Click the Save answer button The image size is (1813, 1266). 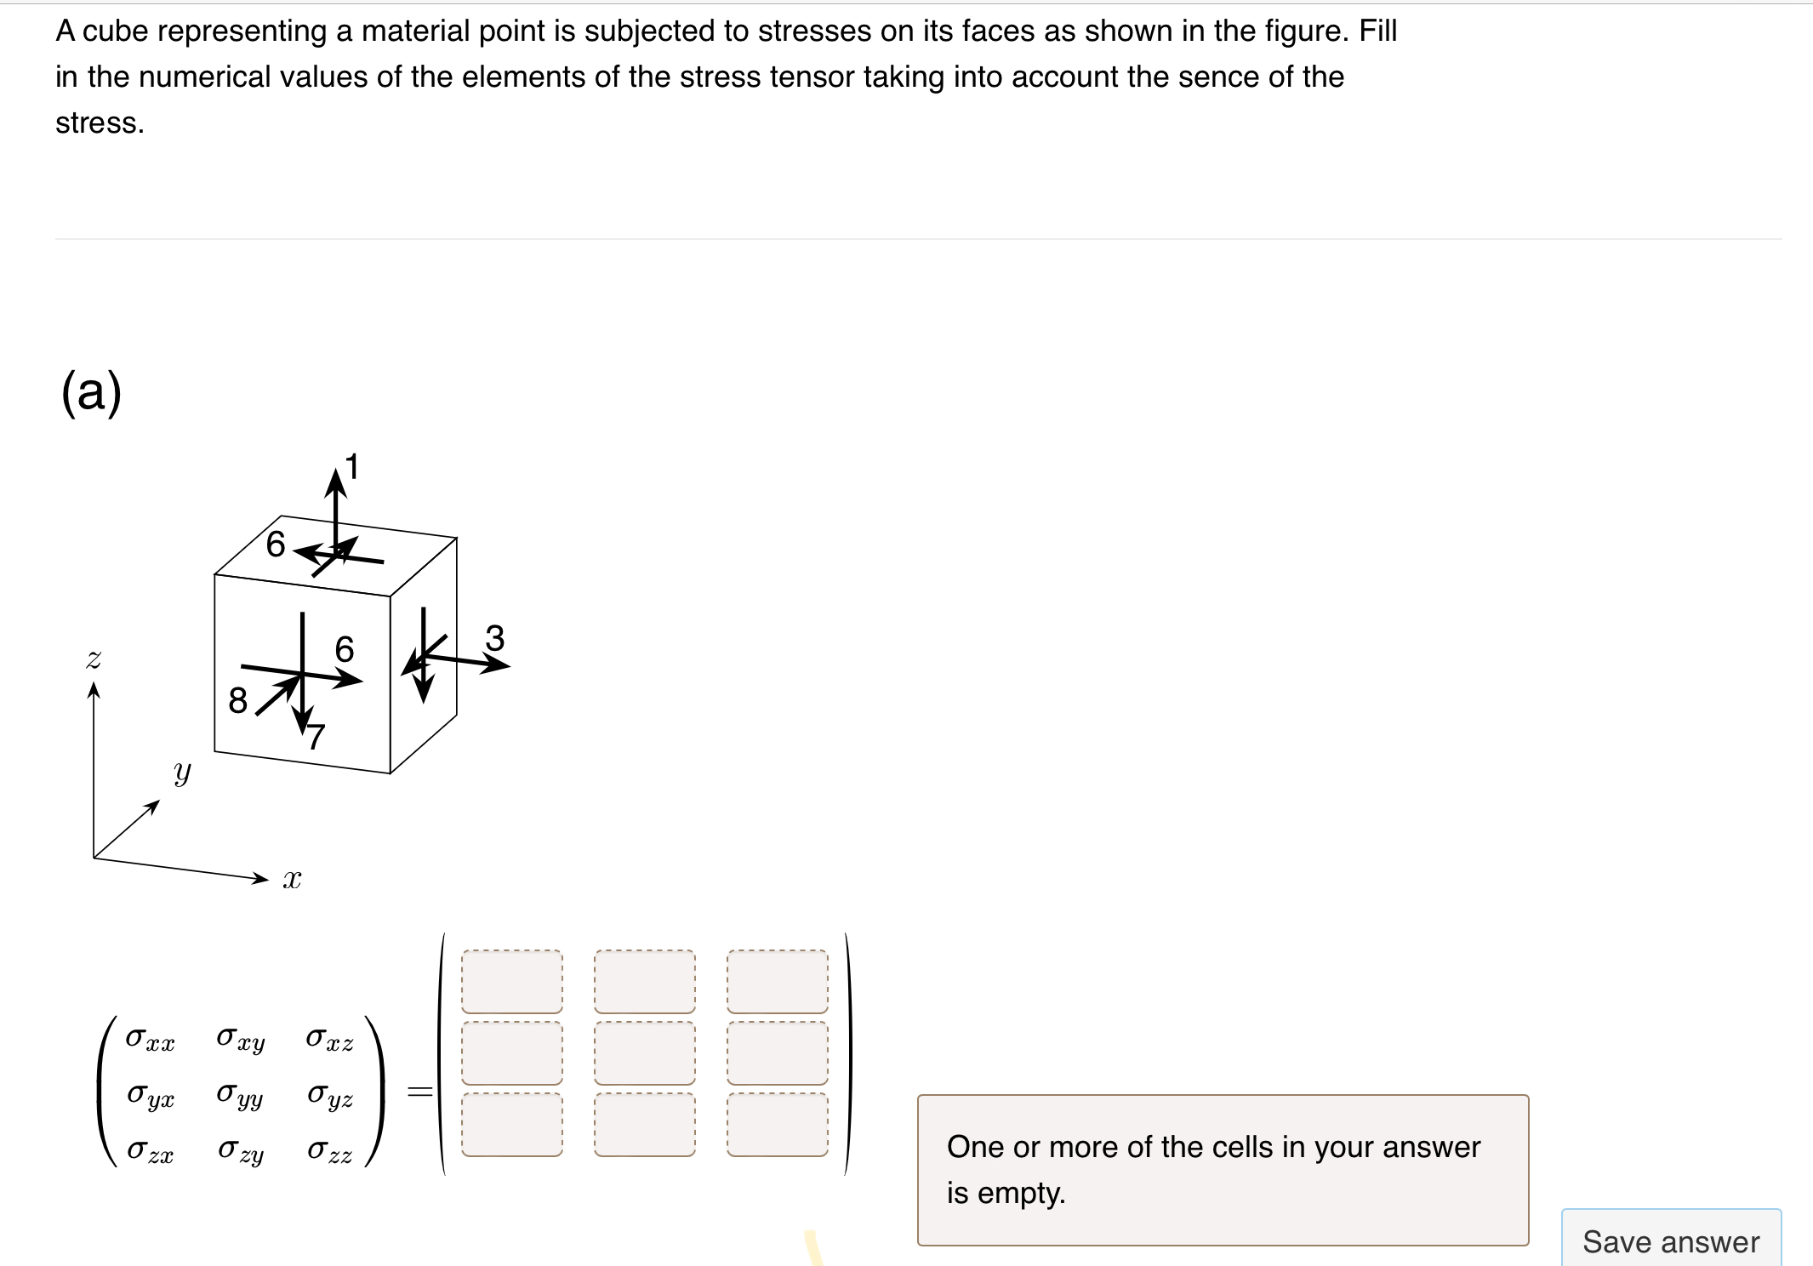[1670, 1241]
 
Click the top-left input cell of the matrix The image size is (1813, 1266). [511, 981]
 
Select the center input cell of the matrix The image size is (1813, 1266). [644, 1053]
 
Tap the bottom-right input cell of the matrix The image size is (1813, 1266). [777, 1125]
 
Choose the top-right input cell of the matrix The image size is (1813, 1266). [777, 981]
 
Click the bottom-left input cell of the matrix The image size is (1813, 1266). [511, 1125]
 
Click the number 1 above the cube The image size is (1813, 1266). [352, 467]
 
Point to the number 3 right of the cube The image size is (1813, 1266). [494, 638]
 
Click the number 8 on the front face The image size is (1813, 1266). [238, 701]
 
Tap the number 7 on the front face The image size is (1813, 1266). [316, 736]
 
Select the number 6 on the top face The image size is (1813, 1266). [275, 544]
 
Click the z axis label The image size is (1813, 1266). [94, 659]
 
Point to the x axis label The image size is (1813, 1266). [292, 879]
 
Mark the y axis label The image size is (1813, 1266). [182, 772]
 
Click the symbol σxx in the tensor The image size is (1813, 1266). [150, 1039]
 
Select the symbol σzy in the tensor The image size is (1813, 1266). [241, 1151]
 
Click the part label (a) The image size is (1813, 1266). [92, 392]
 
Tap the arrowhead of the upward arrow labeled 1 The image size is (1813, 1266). [336, 482]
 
